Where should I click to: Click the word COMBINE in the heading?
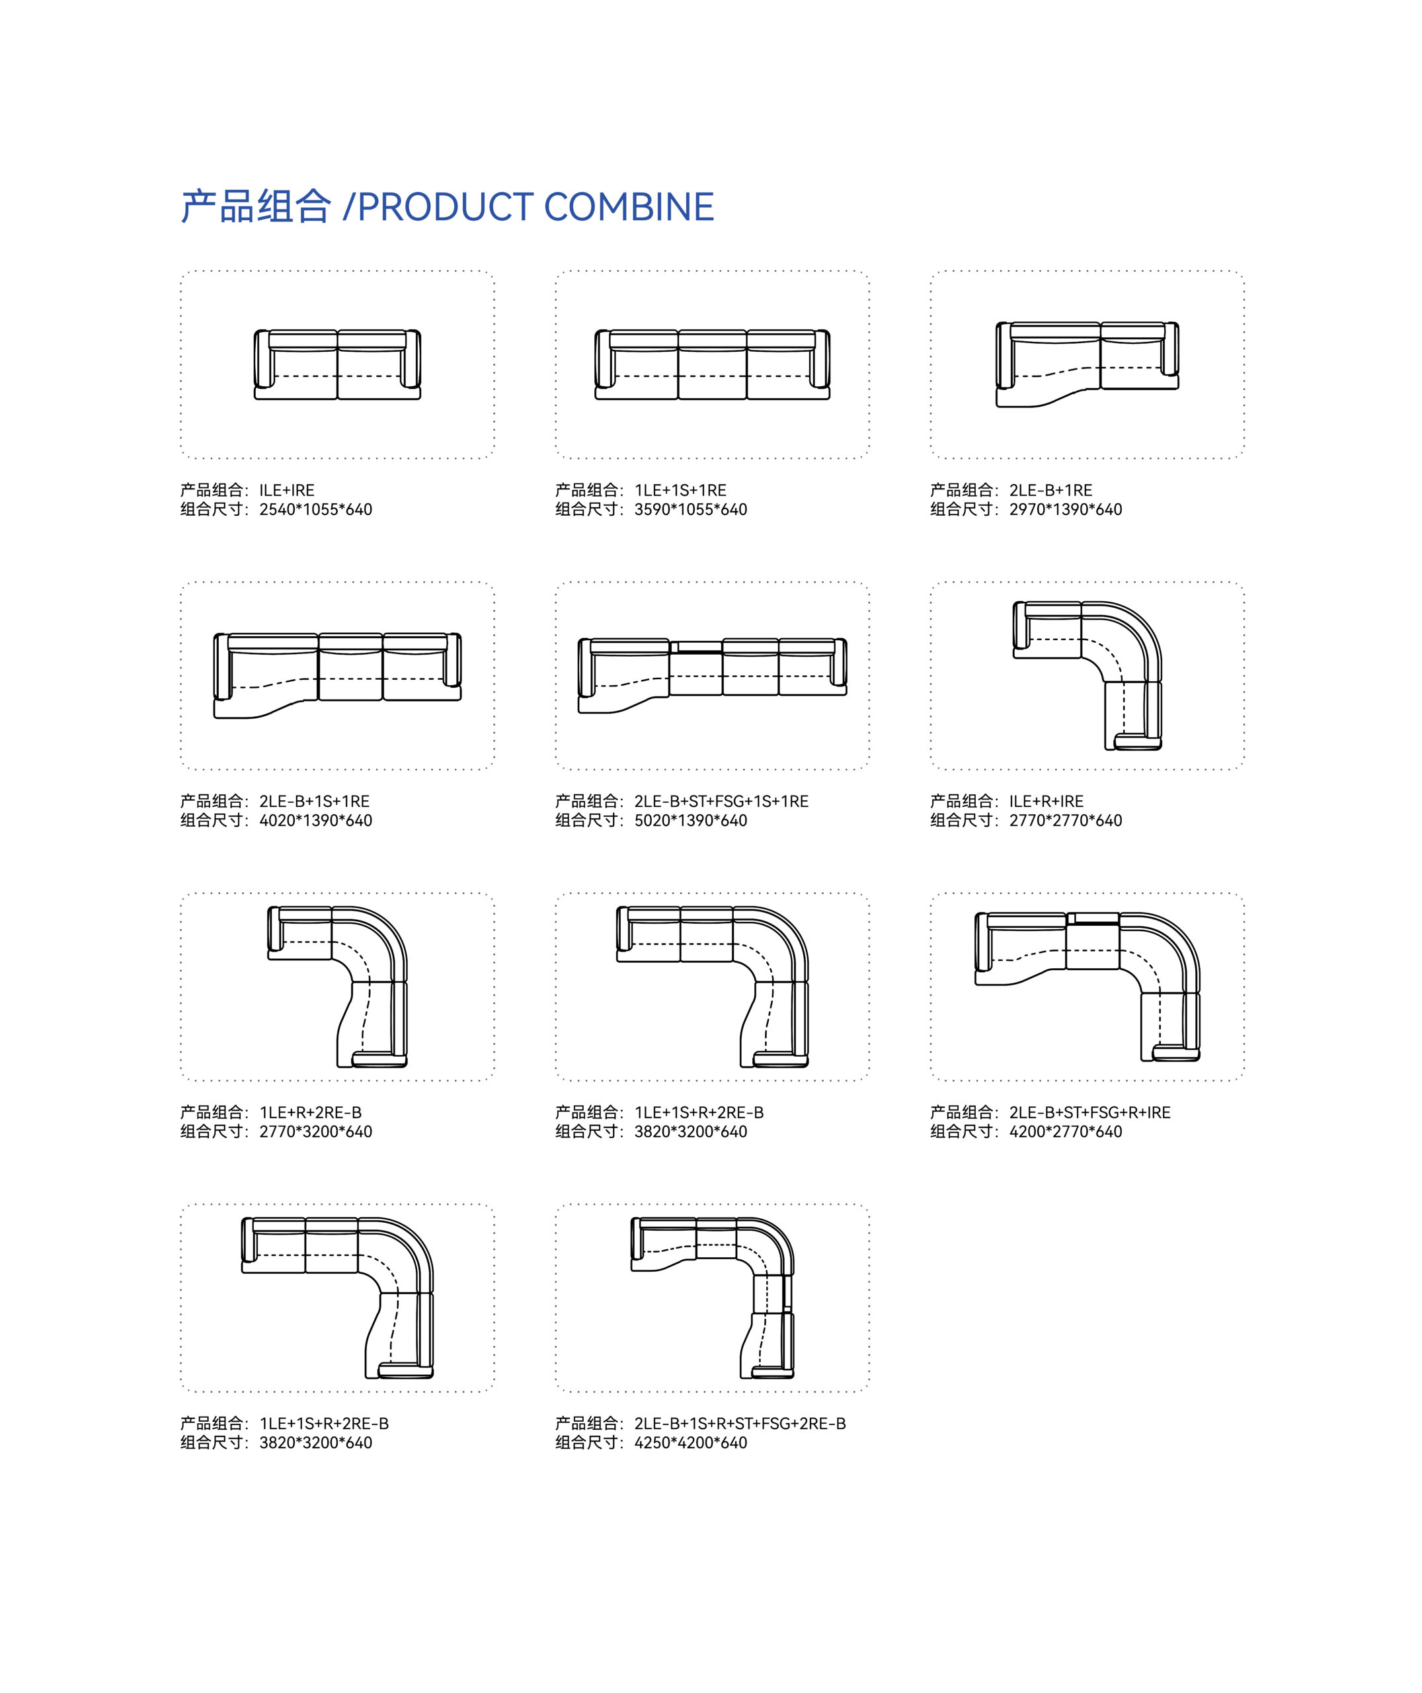click(629, 207)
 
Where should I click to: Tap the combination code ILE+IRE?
click(287, 490)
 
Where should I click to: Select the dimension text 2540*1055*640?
click(316, 509)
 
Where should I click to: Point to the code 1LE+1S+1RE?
click(680, 490)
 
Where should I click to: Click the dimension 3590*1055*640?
click(691, 509)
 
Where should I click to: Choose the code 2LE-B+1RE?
click(1051, 490)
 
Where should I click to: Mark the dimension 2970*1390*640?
click(1066, 509)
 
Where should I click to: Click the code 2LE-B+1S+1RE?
click(315, 802)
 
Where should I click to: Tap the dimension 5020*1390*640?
click(691, 821)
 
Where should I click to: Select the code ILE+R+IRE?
click(1047, 802)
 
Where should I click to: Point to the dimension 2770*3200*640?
click(316, 1132)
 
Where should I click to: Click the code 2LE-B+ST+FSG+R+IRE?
click(1090, 1112)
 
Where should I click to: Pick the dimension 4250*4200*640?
click(691, 1443)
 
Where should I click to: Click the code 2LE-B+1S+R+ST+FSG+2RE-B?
click(740, 1424)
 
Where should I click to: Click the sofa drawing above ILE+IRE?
click(338, 364)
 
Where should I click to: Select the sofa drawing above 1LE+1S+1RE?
click(713, 364)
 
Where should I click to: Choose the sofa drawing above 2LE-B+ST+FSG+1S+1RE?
click(713, 676)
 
